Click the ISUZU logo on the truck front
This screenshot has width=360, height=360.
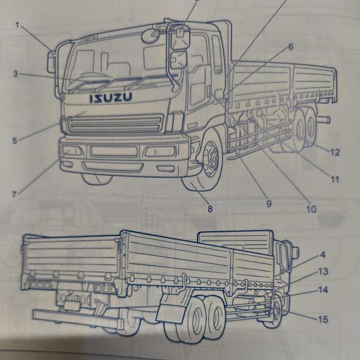[110, 98]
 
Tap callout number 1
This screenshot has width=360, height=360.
[17, 25]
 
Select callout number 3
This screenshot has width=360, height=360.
[16, 74]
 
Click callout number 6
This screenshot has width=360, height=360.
[291, 47]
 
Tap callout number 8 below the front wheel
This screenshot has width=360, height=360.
[210, 209]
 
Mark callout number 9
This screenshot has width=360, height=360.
[269, 202]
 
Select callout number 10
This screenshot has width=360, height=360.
[311, 209]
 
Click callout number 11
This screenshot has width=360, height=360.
[335, 180]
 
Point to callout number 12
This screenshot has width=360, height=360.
[335, 152]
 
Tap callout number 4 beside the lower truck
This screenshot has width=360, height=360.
[323, 254]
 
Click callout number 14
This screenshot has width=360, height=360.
[323, 291]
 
